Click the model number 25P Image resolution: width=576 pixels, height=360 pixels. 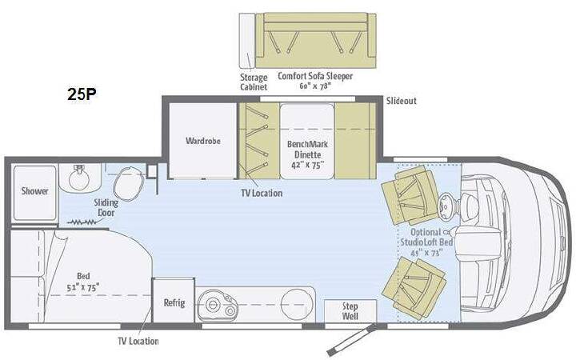(82, 94)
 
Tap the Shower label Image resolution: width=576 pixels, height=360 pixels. (34, 191)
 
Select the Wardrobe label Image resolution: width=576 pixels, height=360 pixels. (202, 141)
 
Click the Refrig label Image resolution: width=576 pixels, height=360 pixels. (174, 302)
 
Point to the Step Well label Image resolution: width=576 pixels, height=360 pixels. (350, 310)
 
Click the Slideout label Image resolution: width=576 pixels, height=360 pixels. (401, 101)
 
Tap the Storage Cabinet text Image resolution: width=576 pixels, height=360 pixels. (254, 82)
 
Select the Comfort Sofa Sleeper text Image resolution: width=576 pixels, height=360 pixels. (315, 81)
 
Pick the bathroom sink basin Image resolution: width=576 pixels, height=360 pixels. (79, 178)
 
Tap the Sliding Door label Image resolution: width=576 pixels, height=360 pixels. (106, 207)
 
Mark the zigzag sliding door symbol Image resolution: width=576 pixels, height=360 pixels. (82, 222)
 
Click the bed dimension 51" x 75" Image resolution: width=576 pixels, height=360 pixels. (83, 288)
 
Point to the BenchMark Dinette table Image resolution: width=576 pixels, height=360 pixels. (307, 141)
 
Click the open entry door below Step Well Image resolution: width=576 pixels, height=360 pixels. (351, 339)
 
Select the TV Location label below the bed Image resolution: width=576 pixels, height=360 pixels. (138, 342)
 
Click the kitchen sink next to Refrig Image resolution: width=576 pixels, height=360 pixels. (217, 306)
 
